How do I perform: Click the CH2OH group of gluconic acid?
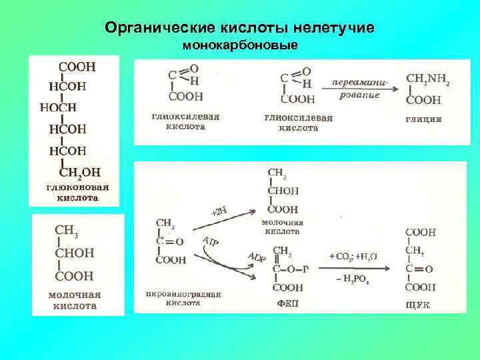tap(81, 172)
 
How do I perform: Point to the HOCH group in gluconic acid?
tap(59, 107)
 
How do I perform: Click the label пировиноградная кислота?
tap(173, 297)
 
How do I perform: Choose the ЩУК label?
tap(418, 304)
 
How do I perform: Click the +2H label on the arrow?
tap(219, 212)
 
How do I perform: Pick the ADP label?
tap(256, 257)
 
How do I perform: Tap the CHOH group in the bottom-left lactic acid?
tap(74, 253)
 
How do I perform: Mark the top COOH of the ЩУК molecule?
tap(421, 232)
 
